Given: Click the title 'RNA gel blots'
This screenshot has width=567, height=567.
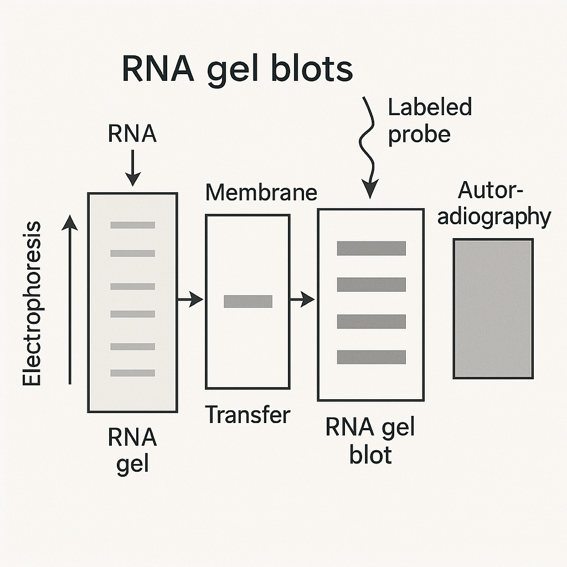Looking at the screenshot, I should (x=236, y=70).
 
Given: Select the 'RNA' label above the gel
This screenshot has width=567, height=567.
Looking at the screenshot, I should (x=132, y=135).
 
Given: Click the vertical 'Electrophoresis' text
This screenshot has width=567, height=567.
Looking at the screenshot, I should (x=32, y=303).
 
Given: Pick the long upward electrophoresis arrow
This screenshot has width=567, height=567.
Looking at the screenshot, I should (x=70, y=299).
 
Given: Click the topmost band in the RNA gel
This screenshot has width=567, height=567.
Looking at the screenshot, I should (x=132, y=225).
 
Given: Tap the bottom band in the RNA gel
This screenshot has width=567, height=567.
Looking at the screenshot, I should (x=132, y=373).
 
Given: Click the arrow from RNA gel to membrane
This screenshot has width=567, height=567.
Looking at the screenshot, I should (x=190, y=300).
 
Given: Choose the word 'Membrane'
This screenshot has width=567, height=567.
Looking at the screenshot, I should (x=261, y=193).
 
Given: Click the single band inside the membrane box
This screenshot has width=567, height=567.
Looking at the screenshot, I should (x=248, y=301).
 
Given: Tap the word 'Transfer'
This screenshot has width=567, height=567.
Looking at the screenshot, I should (x=248, y=414).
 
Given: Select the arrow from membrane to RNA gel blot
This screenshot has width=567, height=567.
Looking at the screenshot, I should (x=302, y=300).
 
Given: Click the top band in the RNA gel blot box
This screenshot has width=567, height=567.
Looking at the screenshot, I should (x=371, y=249).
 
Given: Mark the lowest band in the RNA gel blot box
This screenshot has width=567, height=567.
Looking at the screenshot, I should (x=371, y=357).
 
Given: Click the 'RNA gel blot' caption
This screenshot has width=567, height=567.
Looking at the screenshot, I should (x=370, y=441).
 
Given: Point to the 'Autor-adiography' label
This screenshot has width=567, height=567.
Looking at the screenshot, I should (x=493, y=204).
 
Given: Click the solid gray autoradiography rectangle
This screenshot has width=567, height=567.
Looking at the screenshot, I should (x=493, y=308).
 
